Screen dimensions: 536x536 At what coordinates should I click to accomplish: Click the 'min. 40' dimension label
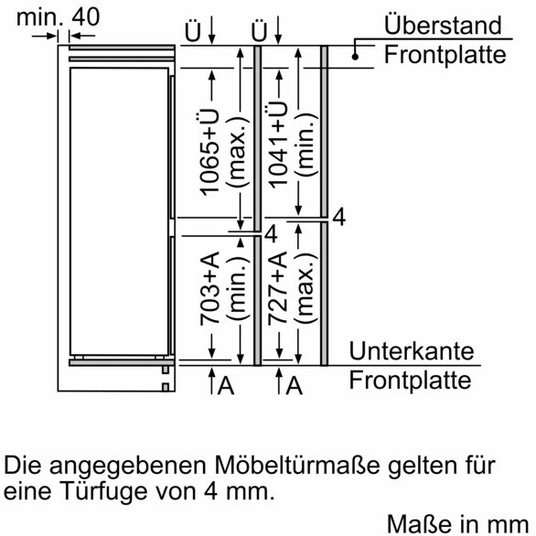point(59,17)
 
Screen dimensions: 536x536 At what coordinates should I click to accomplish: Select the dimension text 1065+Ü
point(209,152)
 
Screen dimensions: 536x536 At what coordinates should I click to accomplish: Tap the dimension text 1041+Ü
point(277,145)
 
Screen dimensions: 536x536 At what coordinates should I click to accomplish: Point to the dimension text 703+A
point(209,288)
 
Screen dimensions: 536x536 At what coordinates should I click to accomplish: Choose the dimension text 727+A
point(277,288)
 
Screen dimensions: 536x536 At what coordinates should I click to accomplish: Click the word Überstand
point(443,24)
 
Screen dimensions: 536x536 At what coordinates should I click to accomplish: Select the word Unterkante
point(412,351)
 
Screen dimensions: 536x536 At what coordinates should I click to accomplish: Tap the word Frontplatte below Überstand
point(445,55)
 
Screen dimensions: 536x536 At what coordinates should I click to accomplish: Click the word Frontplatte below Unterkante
point(410,381)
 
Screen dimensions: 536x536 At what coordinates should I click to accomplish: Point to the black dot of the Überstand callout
point(355,57)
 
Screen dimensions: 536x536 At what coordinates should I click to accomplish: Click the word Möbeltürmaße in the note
point(297,465)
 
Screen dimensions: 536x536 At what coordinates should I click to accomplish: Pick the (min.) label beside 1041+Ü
point(306,145)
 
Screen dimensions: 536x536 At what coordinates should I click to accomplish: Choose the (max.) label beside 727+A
point(306,288)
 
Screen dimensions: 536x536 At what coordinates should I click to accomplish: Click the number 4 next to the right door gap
point(339,217)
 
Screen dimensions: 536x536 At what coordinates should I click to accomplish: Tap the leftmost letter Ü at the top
point(192,32)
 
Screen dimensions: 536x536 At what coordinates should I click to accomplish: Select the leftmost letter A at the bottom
point(226,386)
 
